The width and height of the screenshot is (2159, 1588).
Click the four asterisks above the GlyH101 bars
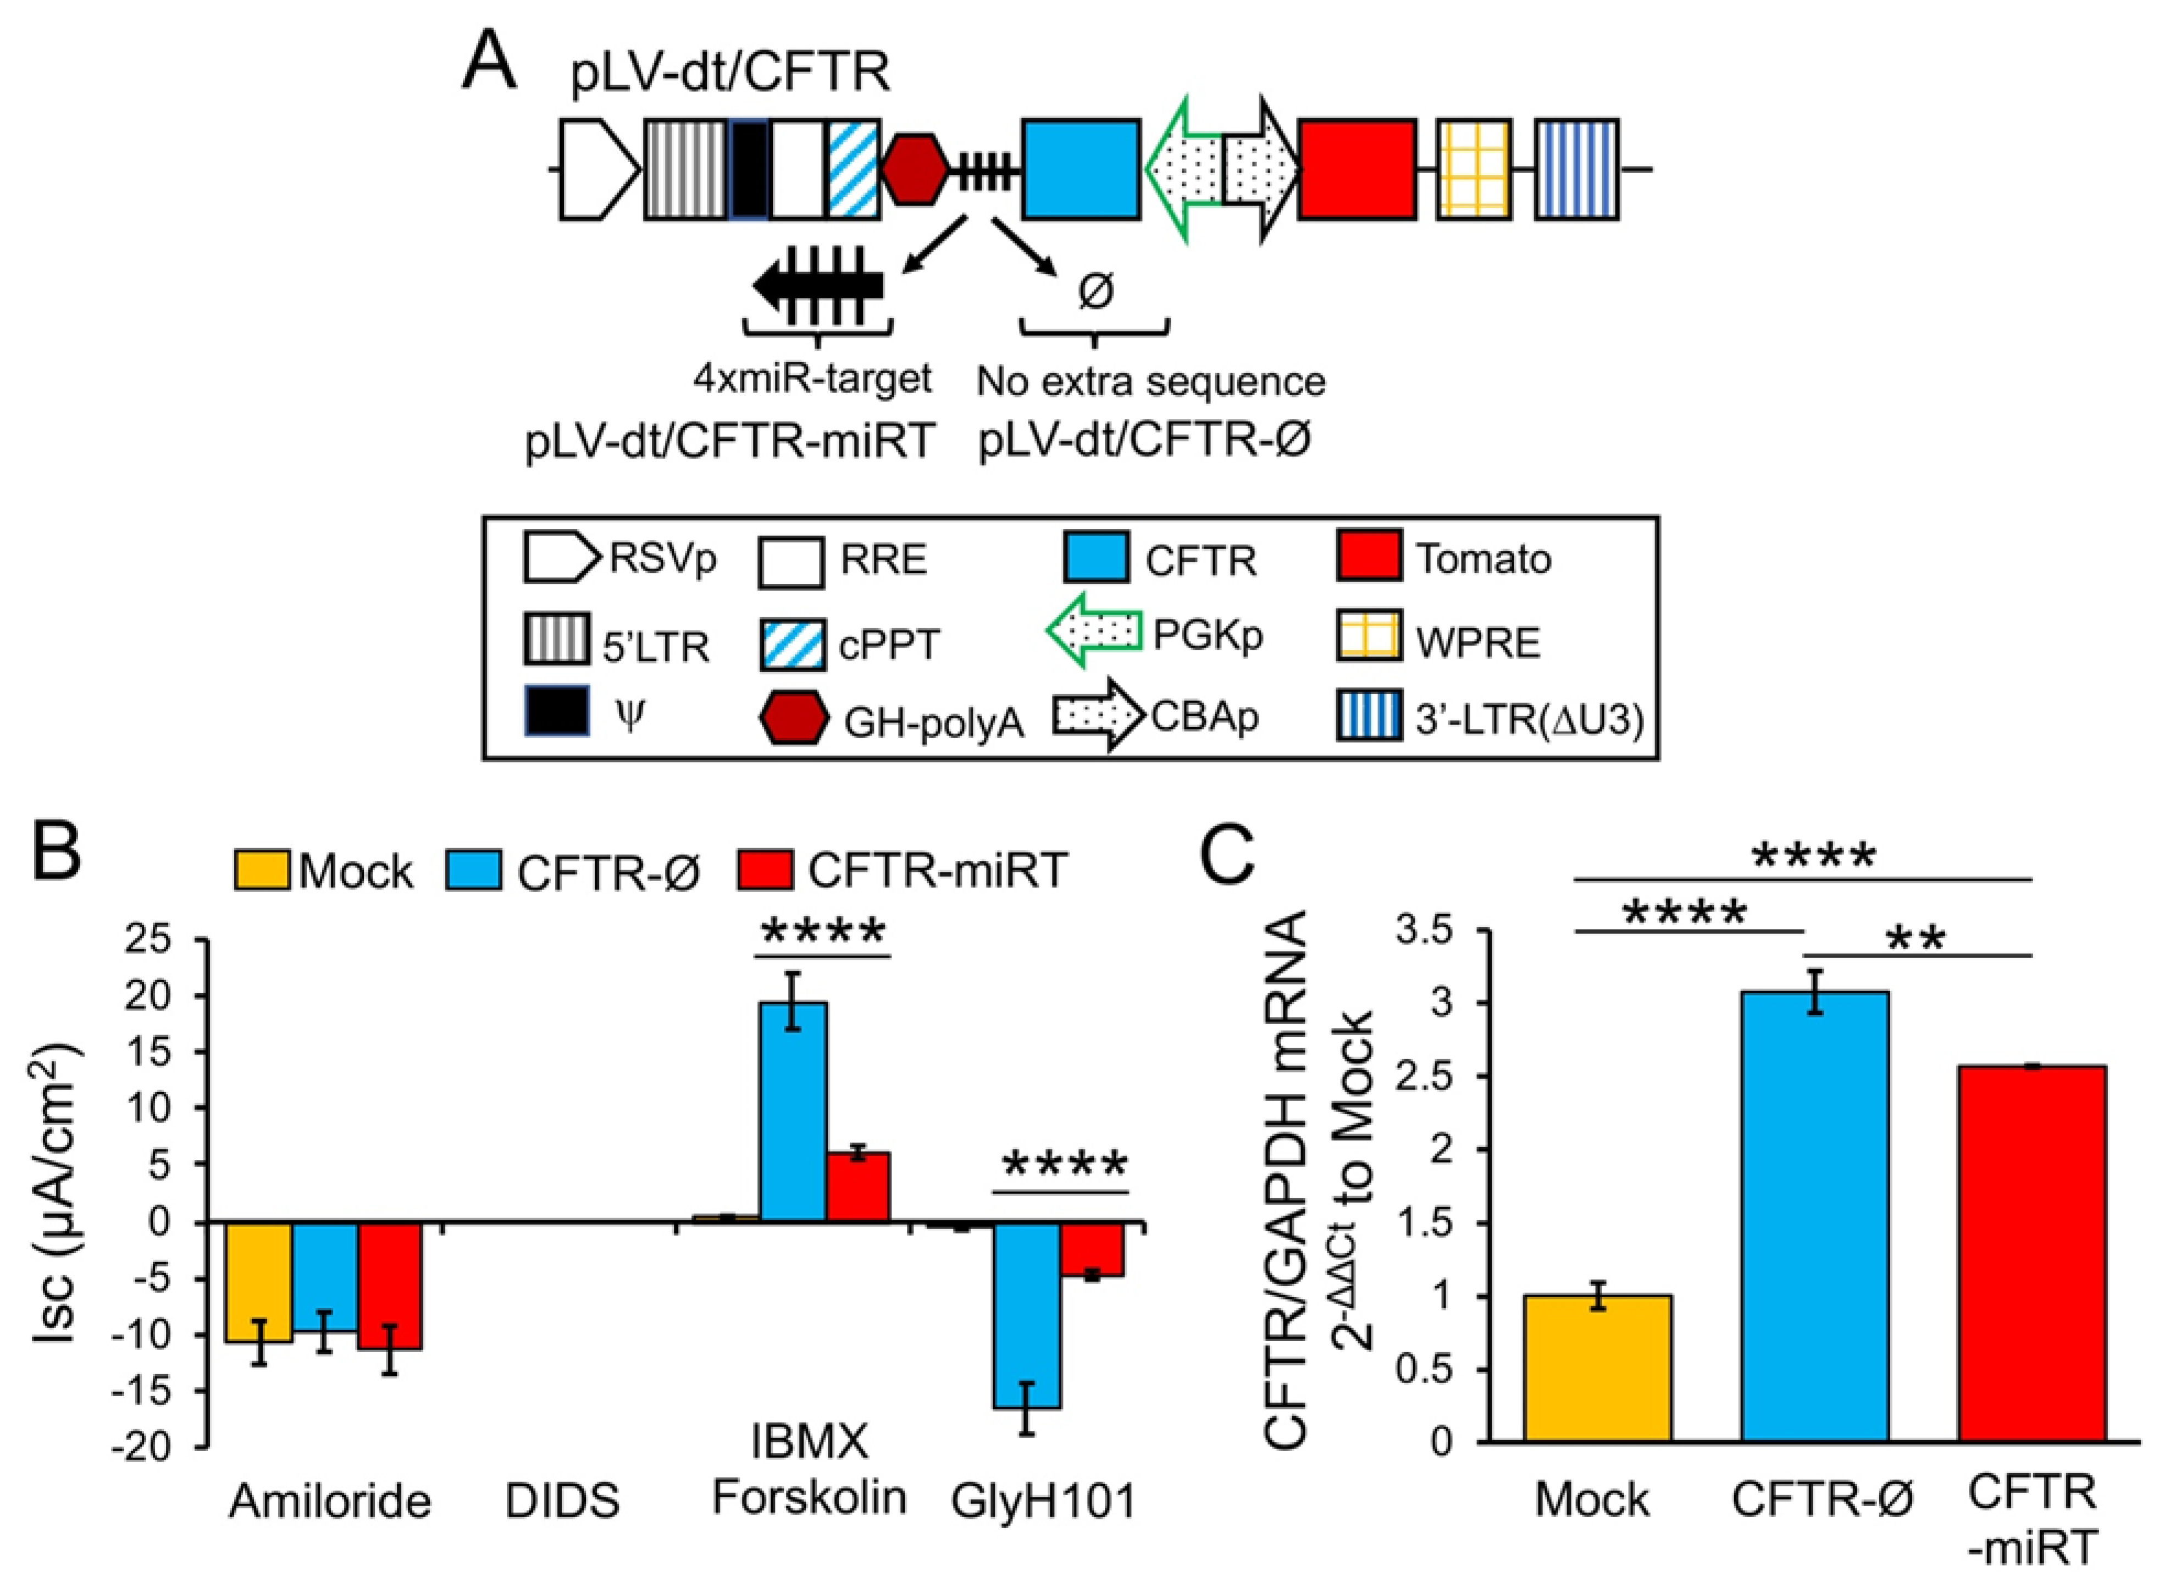(x=1063, y=1166)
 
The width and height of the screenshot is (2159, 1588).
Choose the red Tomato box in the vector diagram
(x=1357, y=169)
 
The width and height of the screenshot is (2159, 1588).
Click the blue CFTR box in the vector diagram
(x=1081, y=169)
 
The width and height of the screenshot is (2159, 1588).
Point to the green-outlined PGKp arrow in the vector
(x=1184, y=169)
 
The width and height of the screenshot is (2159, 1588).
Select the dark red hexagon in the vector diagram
(x=915, y=169)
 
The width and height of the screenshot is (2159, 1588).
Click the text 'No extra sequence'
(x=1150, y=381)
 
